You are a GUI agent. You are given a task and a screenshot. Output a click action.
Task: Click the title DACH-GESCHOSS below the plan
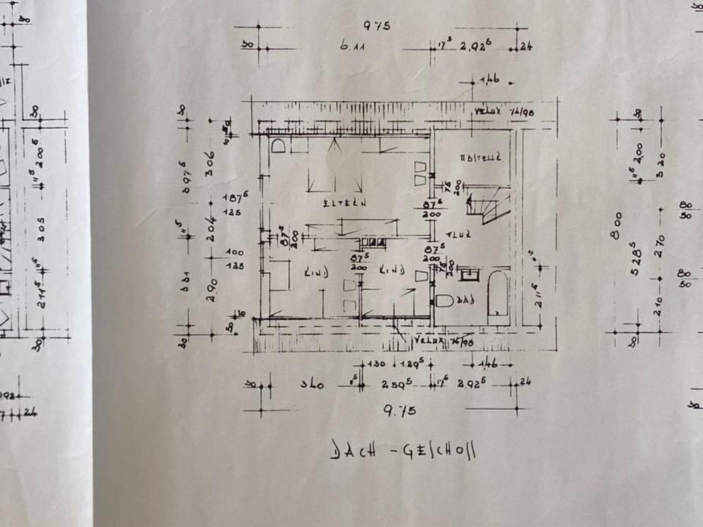click(402, 449)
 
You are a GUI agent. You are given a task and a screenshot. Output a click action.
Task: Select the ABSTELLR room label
click(480, 157)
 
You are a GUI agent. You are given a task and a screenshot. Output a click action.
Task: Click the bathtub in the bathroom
click(498, 296)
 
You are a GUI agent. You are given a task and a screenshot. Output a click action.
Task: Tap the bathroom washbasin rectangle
click(466, 274)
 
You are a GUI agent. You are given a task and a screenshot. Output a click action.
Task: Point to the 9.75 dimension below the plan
click(400, 411)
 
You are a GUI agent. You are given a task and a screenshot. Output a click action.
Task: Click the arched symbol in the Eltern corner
click(278, 146)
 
